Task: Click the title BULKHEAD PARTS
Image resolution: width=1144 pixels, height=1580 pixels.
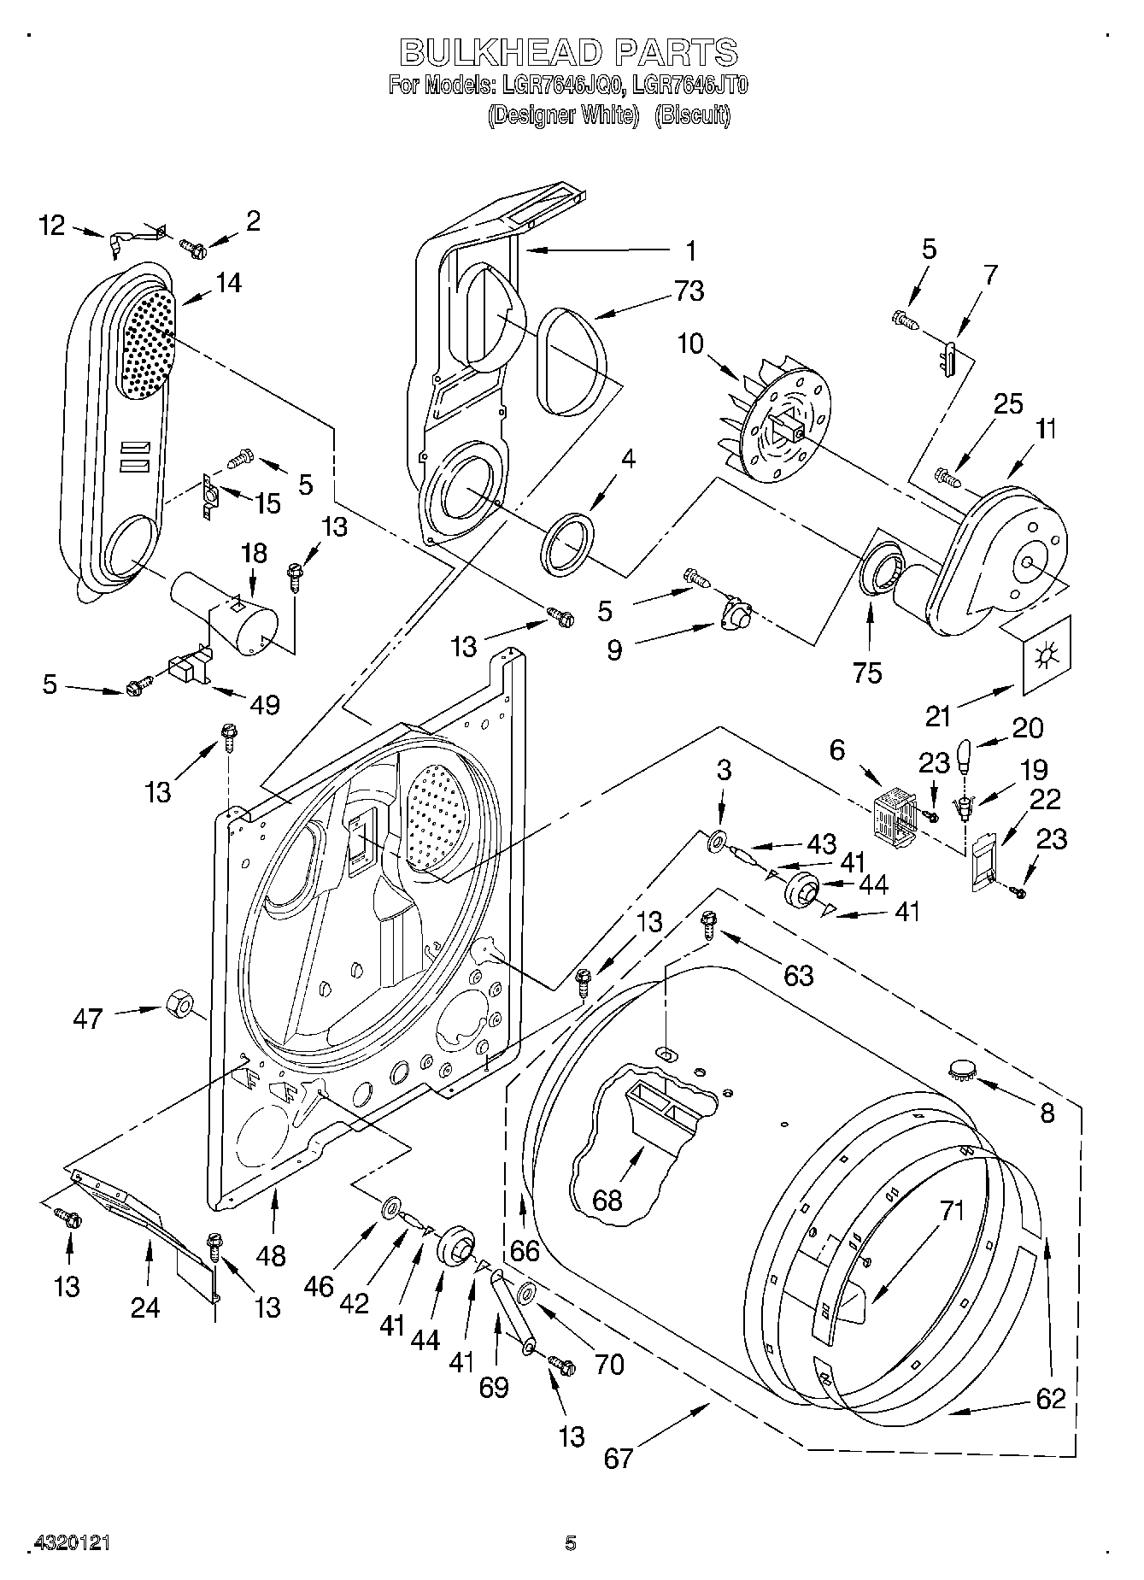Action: tap(568, 53)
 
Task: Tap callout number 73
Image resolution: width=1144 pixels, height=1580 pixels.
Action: tap(689, 291)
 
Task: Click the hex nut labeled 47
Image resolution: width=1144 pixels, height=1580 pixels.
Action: tap(177, 1002)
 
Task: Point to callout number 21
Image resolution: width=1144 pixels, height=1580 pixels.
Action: tap(938, 716)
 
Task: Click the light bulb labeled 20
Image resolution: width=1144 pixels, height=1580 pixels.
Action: tap(966, 756)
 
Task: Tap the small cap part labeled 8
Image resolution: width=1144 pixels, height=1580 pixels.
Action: tap(963, 1068)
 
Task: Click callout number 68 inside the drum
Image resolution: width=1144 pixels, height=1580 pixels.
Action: tap(607, 1200)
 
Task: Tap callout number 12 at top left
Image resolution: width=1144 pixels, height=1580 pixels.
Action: tap(52, 226)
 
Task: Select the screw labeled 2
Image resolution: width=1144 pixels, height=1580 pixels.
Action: tap(194, 250)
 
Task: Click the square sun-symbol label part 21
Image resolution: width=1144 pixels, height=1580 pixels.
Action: tap(1045, 657)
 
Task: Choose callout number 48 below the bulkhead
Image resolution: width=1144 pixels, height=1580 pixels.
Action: tap(272, 1255)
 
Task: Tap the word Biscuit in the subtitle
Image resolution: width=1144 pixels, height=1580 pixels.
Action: tap(693, 115)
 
